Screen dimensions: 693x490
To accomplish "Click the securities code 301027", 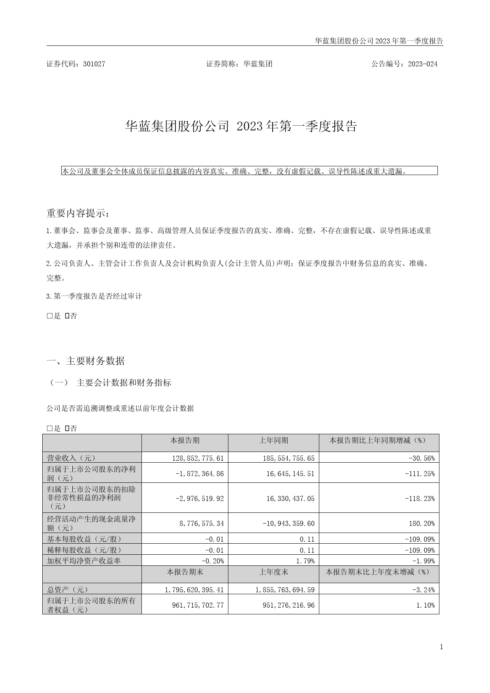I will coord(94,64).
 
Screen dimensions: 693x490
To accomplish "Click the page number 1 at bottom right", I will coord(441,647).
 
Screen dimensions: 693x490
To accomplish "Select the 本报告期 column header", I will coord(185,440).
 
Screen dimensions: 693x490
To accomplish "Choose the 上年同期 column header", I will coord(273,440).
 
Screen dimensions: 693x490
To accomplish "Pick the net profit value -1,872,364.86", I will coord(200,473).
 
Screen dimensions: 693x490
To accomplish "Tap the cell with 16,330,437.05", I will coord(290,499).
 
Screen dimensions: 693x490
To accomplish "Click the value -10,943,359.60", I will coord(288,524).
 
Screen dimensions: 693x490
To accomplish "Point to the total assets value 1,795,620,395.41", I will coord(194,589).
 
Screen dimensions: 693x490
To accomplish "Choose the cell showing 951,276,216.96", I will coord(285,605).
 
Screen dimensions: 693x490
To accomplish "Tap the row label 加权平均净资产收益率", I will coord(84,561).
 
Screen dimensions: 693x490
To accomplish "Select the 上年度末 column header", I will coord(273,572).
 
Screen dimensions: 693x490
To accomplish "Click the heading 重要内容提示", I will coord(77,213).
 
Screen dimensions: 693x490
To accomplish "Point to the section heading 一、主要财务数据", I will coord(86,361).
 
